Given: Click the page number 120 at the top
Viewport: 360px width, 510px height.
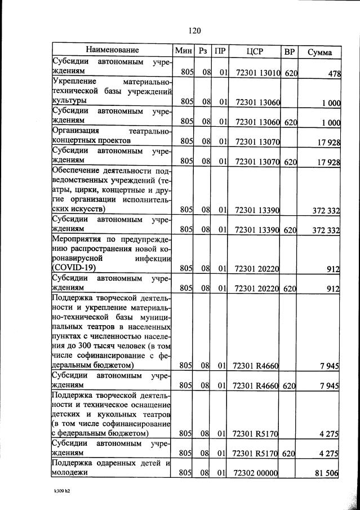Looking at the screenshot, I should (195, 30).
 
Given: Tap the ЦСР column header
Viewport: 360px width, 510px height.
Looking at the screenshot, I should (256, 51).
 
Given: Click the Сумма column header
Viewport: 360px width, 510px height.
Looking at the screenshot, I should (319, 52).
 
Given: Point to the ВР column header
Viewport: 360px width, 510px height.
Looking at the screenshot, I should (290, 51).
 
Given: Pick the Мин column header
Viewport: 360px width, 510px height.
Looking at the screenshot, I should (184, 51).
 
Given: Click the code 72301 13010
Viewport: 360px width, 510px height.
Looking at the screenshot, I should (256, 73).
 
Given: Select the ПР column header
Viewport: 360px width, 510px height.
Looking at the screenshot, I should (221, 51).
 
